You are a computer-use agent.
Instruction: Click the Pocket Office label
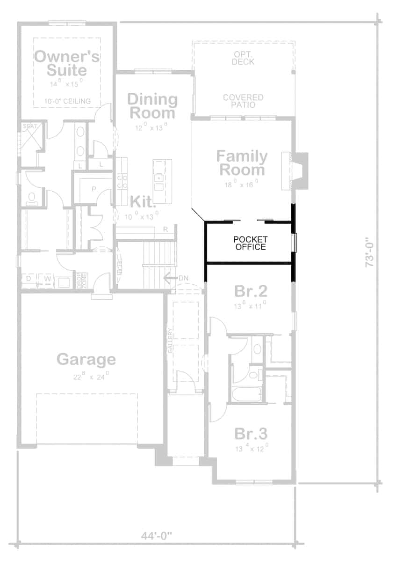click(250, 243)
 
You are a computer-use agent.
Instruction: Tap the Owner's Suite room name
click(67, 64)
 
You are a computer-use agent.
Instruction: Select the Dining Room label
click(152, 106)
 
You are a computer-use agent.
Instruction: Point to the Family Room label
click(242, 163)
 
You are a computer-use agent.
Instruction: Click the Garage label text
click(86, 359)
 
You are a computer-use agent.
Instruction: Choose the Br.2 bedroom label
click(251, 291)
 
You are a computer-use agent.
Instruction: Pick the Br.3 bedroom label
click(251, 434)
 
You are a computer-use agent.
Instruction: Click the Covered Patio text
click(243, 101)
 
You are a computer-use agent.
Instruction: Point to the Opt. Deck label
click(243, 58)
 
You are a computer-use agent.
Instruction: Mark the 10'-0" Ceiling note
click(68, 101)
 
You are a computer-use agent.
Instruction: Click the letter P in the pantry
click(93, 189)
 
